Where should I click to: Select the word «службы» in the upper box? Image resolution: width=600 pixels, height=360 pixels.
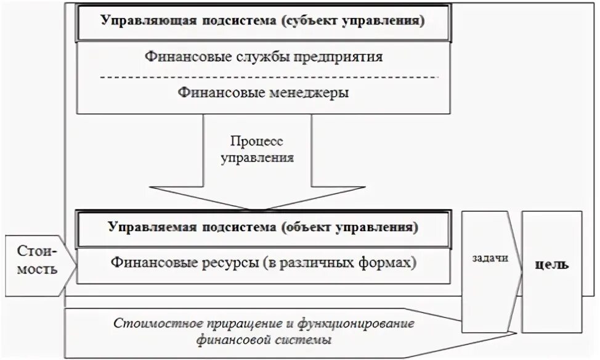click(x=258, y=57)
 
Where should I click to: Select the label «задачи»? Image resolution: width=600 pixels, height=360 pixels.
click(x=492, y=258)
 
